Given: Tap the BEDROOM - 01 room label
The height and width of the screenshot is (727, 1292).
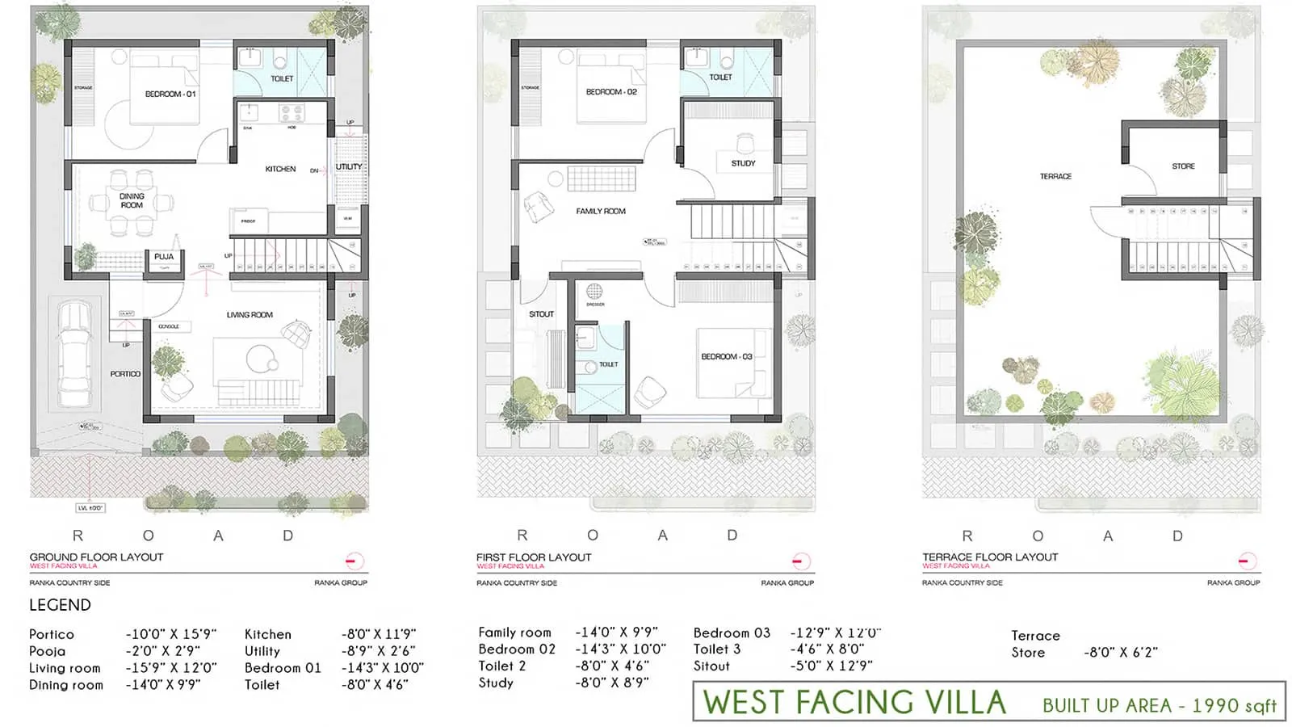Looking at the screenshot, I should click(x=170, y=95).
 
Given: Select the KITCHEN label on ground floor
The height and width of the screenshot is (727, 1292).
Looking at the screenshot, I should click(x=280, y=169).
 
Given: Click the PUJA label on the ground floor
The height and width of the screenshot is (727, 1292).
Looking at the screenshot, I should click(x=164, y=257).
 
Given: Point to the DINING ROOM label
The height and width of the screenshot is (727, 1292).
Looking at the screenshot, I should click(x=132, y=200).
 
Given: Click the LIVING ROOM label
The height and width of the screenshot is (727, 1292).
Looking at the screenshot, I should click(x=250, y=315).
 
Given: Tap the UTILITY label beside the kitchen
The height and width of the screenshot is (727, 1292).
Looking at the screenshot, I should click(x=349, y=167).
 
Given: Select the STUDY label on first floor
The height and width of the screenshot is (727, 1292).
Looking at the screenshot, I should click(x=743, y=163).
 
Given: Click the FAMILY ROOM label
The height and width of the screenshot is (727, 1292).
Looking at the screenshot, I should click(x=601, y=212).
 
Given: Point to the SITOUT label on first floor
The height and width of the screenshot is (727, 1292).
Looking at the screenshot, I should click(x=541, y=314).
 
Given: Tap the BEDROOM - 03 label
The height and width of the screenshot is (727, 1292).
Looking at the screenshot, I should click(x=726, y=356).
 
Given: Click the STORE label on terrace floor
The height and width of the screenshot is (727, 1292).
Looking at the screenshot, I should click(x=1183, y=166).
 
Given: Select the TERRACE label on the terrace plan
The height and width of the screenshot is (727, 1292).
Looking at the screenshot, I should click(x=1055, y=176).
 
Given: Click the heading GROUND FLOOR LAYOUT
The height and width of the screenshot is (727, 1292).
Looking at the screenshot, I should click(x=96, y=557).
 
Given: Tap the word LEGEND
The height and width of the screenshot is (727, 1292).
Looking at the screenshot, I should click(x=60, y=605).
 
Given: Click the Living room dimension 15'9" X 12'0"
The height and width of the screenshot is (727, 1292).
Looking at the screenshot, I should click(x=171, y=668).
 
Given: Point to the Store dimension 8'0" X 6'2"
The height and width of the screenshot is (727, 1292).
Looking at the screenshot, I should click(x=1120, y=653).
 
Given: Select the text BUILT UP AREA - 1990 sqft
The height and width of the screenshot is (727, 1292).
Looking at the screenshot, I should click(x=1159, y=705).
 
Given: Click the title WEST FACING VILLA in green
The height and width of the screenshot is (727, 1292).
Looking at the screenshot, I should click(x=854, y=703).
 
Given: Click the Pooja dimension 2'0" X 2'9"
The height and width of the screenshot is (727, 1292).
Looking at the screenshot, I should click(x=162, y=651).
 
